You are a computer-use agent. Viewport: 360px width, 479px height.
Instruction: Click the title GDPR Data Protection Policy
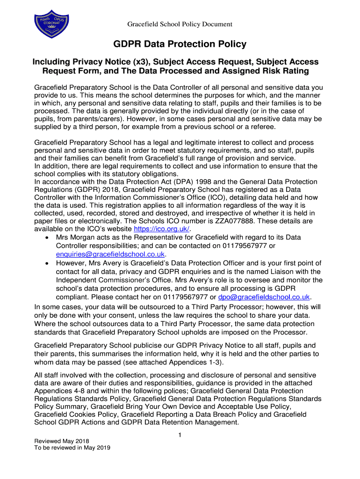coord(180,44)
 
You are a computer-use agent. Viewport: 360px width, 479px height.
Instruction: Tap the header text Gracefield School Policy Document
coord(180,24)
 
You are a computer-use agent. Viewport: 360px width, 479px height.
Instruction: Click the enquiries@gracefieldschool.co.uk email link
coord(110,254)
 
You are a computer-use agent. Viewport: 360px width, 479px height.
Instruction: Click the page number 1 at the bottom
coord(180,435)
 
